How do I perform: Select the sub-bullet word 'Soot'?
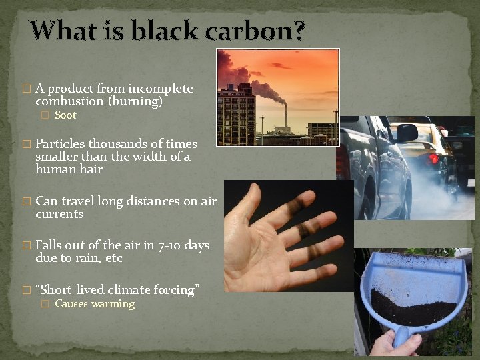point(65,115)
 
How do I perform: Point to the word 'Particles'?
point(61,144)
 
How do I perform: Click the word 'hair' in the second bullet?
point(91,169)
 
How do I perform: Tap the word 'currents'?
point(59,214)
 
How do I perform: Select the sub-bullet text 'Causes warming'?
point(94,304)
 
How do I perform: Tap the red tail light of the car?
point(433,159)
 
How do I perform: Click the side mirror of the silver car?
point(407,133)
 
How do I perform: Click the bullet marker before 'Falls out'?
point(27,245)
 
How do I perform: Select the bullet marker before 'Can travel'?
point(27,201)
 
